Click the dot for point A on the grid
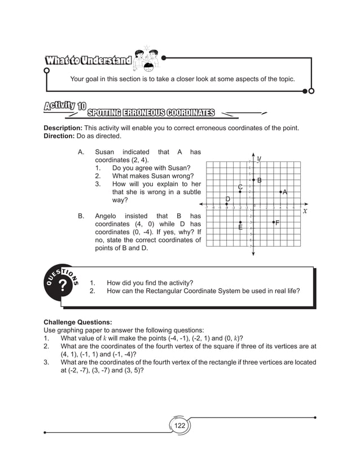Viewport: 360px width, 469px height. point(280,192)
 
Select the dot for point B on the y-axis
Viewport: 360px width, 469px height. point(253,179)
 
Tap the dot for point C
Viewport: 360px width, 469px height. point(240,192)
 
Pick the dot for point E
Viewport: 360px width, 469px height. point(240,222)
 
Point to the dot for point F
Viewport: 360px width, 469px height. point(274,222)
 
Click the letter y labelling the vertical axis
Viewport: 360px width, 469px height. point(259,159)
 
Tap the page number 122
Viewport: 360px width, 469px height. point(179,426)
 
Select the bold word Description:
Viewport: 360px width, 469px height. point(63,128)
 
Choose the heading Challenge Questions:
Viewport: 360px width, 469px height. point(76,322)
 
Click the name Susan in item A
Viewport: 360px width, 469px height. point(104,152)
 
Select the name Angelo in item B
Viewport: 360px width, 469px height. point(106,216)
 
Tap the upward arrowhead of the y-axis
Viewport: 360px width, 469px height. point(253,156)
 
